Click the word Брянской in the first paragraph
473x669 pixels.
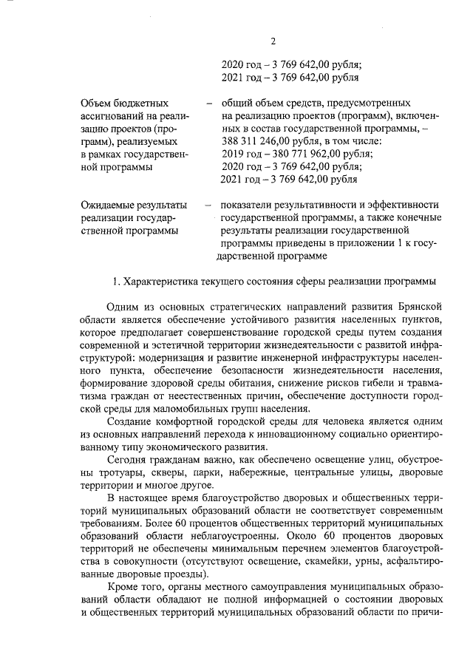[418, 307]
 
